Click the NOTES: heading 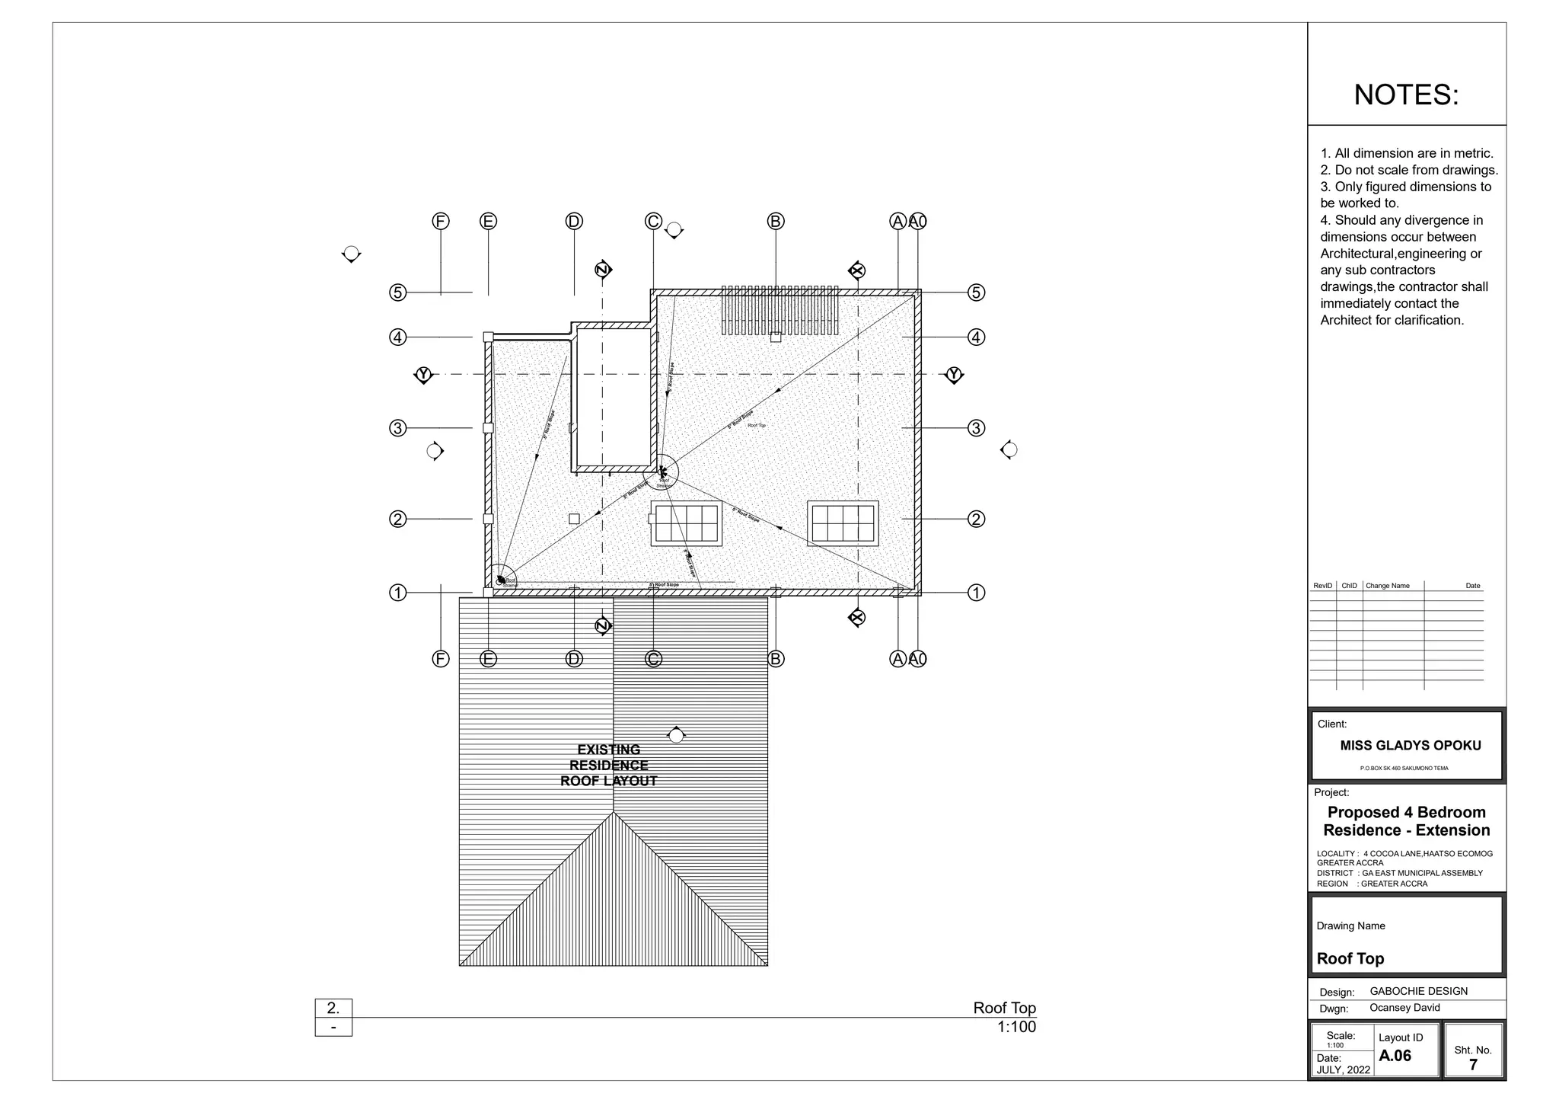tap(1406, 95)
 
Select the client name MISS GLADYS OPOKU tap(1410, 746)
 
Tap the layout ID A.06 tap(1395, 1056)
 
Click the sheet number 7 tap(1472, 1065)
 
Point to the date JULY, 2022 tap(1343, 1069)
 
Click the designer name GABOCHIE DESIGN tap(1418, 991)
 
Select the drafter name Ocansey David tap(1404, 1008)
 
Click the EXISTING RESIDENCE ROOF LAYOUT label tap(608, 765)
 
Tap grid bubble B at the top tap(775, 221)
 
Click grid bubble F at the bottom tap(440, 659)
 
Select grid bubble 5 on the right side tap(976, 293)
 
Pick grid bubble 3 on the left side tap(397, 428)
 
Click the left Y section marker tap(423, 375)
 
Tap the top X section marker tap(857, 270)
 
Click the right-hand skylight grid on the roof tap(843, 523)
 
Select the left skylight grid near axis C tap(687, 523)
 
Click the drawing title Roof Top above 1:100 tap(1003, 1008)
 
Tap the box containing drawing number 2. tap(333, 1008)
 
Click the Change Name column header tap(1387, 586)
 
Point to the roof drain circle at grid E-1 tap(501, 580)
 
